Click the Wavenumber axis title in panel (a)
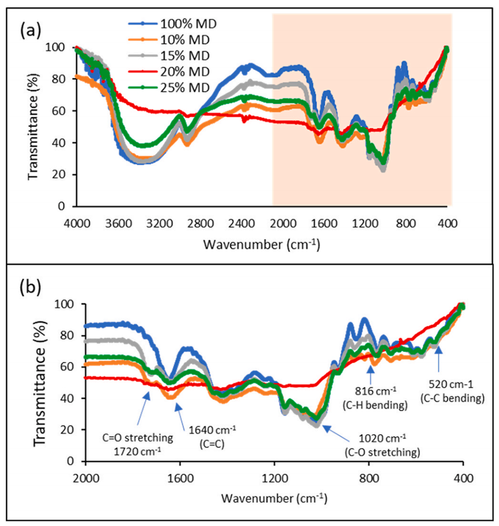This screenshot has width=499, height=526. coord(262,243)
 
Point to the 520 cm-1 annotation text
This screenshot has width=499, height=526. coord(452,391)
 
